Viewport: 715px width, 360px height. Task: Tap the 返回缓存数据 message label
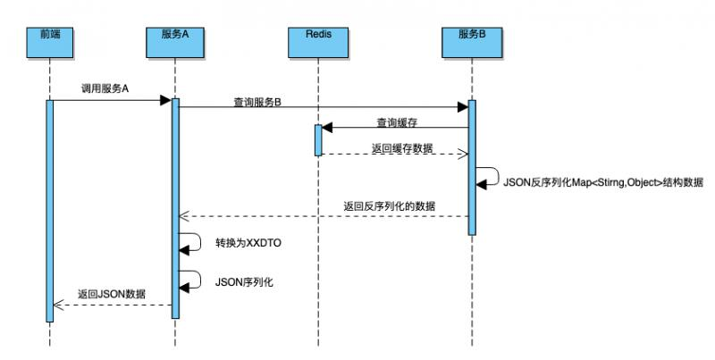pos(403,148)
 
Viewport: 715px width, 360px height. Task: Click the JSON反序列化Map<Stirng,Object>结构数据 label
pos(604,181)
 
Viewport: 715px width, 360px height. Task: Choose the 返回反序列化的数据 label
pos(390,205)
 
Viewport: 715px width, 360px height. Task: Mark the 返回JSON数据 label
pos(112,294)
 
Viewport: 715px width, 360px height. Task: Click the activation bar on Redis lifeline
pos(318,140)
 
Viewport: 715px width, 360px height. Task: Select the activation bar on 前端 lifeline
pos(50,210)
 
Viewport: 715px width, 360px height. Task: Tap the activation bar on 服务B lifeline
pos(472,167)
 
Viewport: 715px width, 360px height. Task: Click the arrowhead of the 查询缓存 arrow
pos(327,128)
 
